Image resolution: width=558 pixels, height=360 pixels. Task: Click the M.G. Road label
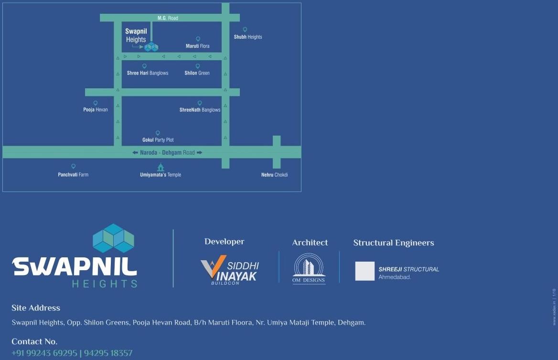168,18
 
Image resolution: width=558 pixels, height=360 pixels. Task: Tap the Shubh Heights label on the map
247,37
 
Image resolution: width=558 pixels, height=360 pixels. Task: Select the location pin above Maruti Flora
198,39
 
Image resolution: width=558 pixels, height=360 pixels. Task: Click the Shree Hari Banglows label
148,73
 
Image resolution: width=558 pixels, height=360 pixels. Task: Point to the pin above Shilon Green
197,66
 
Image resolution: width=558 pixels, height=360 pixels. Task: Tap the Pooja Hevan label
96,110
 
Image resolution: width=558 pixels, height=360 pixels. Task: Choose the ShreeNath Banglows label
200,110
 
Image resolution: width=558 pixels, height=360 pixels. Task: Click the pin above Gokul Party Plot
158,133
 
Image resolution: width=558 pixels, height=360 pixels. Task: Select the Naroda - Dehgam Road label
167,152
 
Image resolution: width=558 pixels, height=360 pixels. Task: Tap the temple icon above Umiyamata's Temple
161,167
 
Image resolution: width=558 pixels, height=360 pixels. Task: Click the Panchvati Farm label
73,175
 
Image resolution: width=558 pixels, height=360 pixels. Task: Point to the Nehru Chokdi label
274,175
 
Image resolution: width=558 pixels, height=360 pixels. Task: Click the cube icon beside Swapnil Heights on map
151,47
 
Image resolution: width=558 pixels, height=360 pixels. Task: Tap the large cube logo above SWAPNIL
113,238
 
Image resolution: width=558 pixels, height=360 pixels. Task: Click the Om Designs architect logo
309,268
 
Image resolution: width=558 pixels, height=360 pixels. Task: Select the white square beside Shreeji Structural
365,271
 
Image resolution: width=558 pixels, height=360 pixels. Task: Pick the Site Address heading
36,308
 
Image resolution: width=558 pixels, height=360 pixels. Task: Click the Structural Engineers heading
394,243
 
